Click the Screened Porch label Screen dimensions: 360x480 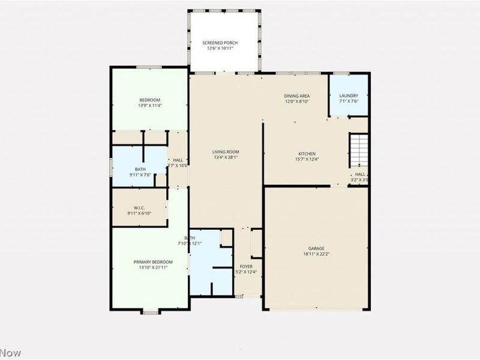tap(220, 43)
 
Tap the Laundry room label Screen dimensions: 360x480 tap(349, 95)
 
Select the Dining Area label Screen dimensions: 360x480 tap(296, 96)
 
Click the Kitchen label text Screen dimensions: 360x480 tap(307, 154)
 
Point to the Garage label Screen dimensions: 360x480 tap(316, 248)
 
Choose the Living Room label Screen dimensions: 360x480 tap(226, 152)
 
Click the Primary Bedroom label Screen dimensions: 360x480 tap(153, 262)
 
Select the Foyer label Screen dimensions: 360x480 tap(246, 266)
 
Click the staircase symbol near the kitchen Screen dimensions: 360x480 tap(358, 151)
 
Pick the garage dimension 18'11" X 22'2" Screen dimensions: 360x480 tap(316, 254)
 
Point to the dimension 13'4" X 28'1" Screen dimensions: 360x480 tap(226, 158)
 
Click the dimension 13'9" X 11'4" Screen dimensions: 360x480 tap(150, 106)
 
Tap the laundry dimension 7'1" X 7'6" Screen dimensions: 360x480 tap(349, 101)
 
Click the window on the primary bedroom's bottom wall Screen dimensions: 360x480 tap(150, 311)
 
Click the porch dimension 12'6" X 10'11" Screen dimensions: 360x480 tap(220, 48)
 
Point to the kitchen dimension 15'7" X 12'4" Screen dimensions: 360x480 tap(307, 159)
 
